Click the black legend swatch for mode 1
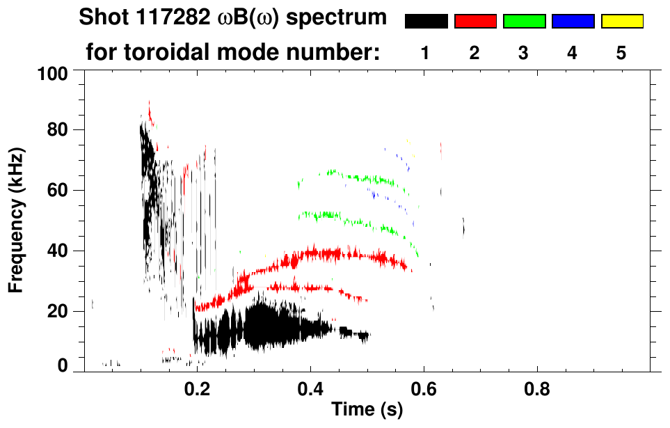tap(426, 22)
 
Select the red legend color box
tap(475, 22)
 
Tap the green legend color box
tap(524, 22)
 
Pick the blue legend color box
tap(573, 22)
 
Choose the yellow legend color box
tap(622, 22)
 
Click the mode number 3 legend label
tap(524, 54)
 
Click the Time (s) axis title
tap(367, 410)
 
